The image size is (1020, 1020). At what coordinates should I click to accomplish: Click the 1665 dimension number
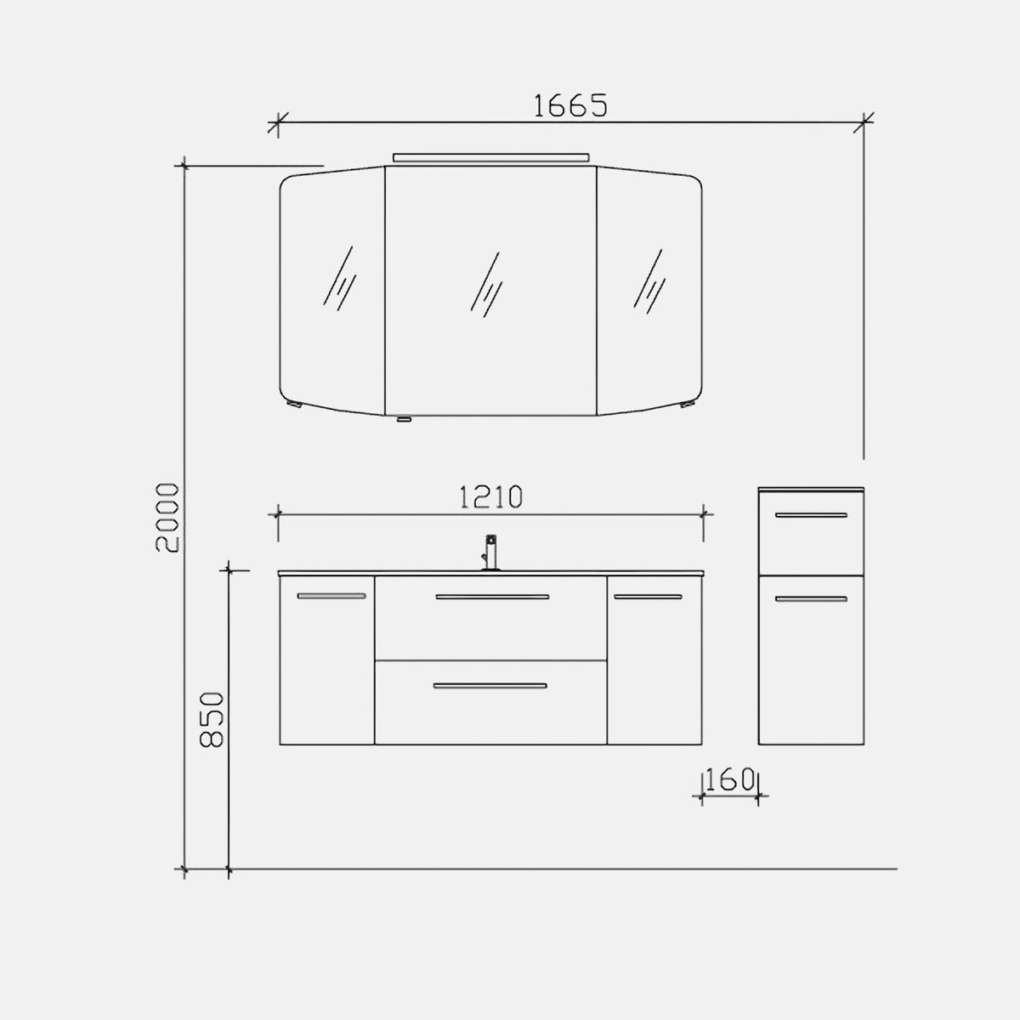(570, 105)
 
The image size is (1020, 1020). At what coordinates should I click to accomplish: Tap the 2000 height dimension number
(168, 517)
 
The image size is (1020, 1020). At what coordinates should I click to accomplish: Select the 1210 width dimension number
(490, 497)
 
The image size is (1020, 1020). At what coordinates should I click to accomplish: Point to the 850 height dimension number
(212, 719)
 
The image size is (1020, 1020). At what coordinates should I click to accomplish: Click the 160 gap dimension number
(730, 779)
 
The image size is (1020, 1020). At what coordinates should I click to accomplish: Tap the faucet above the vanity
(491, 552)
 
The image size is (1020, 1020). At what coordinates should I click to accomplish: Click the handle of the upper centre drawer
(492, 597)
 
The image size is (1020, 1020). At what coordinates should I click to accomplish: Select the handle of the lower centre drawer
(490, 686)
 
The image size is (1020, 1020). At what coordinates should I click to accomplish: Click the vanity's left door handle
(331, 596)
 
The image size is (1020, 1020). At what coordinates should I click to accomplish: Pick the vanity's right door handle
(648, 597)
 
